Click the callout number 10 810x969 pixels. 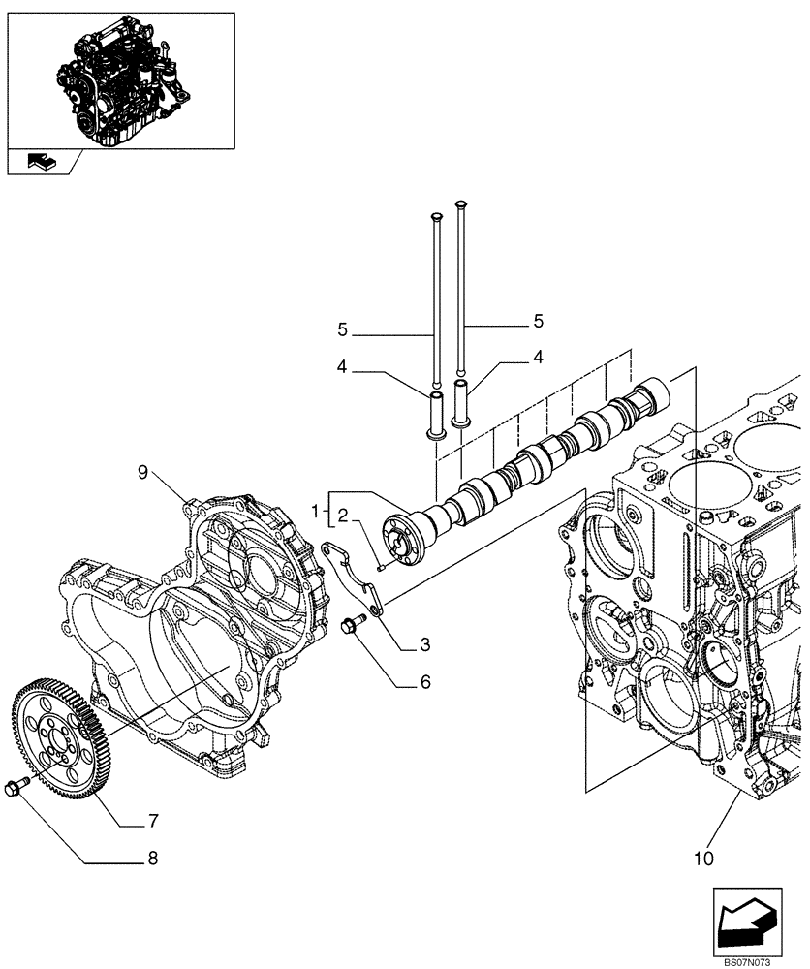pyautogui.click(x=703, y=858)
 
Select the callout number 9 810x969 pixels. pyautogui.click(x=142, y=472)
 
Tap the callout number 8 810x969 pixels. pyautogui.click(x=151, y=858)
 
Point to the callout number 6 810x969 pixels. pyautogui.click(x=424, y=682)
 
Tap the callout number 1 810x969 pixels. pyautogui.click(x=315, y=510)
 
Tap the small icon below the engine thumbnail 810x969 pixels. pyautogui.click(x=43, y=162)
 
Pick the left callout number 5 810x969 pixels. pyautogui.click(x=342, y=329)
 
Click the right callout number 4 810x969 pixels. pyautogui.click(x=537, y=358)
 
